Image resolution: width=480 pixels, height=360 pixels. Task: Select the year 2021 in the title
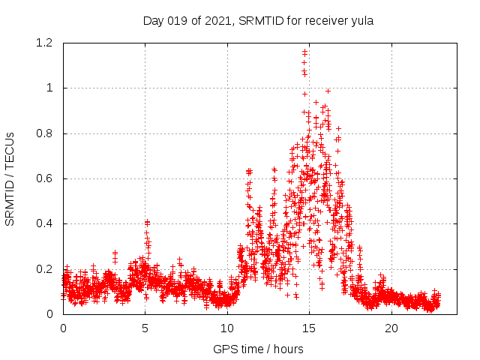click(217, 20)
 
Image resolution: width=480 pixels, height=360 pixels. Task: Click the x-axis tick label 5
click(145, 328)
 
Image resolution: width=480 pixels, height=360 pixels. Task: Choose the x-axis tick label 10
click(227, 328)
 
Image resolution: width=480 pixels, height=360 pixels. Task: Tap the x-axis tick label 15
click(309, 328)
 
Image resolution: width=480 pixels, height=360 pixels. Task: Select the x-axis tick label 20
click(391, 328)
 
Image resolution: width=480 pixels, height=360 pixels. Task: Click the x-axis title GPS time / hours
click(258, 349)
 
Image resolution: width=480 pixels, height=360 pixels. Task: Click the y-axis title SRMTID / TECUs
click(10, 178)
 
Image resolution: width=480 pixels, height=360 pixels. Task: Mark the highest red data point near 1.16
click(304, 52)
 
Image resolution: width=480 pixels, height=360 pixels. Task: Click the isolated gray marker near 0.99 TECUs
click(328, 91)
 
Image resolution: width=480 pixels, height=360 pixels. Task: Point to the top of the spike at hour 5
click(147, 222)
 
